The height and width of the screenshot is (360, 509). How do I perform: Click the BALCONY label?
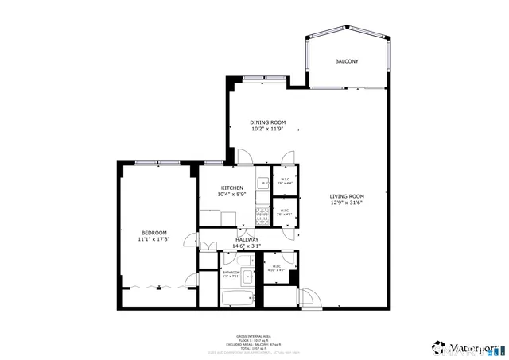tap(346, 61)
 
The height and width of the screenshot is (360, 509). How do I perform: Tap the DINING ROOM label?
tap(267, 122)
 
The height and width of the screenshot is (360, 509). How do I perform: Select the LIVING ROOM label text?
tap(348, 196)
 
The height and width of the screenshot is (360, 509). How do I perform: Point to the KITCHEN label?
tap(232, 188)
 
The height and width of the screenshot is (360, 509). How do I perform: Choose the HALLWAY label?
tap(247, 239)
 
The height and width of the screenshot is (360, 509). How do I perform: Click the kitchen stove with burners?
tap(262, 211)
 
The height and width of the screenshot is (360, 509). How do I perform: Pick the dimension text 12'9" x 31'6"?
tap(348, 203)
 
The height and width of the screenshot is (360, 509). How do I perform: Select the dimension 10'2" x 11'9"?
tap(267, 129)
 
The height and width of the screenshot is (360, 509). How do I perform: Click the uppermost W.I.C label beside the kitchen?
tap(285, 179)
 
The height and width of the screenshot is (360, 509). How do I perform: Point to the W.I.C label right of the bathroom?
tap(278, 266)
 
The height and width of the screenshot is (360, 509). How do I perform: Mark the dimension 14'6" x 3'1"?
tap(247, 246)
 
